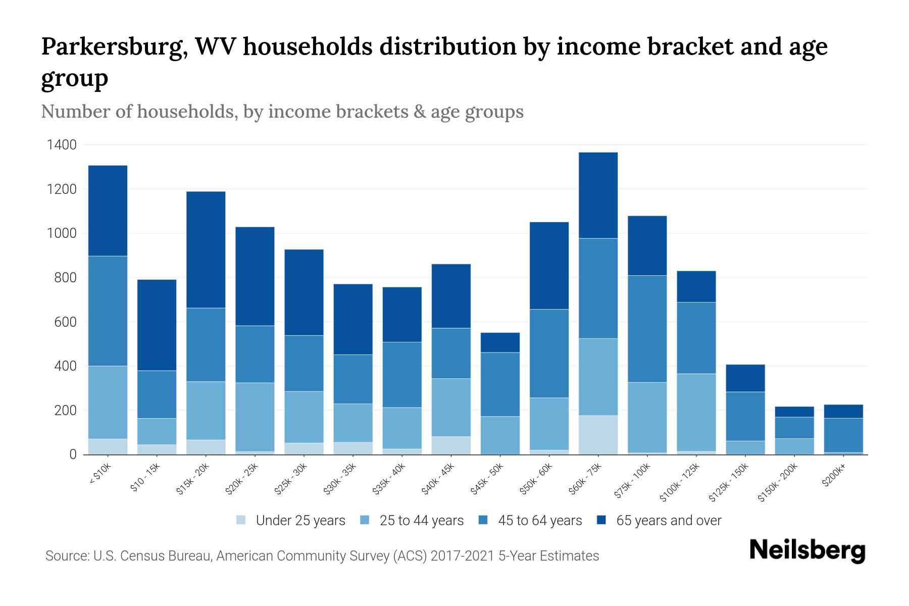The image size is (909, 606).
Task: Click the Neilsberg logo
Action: pos(807,550)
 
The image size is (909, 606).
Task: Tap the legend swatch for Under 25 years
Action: pos(241,520)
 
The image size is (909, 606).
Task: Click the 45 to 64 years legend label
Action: pos(539,520)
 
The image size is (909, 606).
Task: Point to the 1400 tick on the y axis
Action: pos(62,145)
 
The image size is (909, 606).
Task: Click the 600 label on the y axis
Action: pos(66,322)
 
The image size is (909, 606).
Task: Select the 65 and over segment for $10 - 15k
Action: pos(157,325)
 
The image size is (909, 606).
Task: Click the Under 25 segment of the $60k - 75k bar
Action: pos(598,435)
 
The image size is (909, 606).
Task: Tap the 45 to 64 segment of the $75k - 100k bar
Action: pos(647,329)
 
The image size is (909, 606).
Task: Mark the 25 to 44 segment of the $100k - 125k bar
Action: pos(696,412)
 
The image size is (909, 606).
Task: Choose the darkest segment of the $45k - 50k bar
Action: pos(500,342)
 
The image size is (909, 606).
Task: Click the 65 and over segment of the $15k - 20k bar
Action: pos(206,249)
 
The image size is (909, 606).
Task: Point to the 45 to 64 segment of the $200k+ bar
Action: pos(843,435)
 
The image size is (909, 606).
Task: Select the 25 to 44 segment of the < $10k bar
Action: pos(108,402)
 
